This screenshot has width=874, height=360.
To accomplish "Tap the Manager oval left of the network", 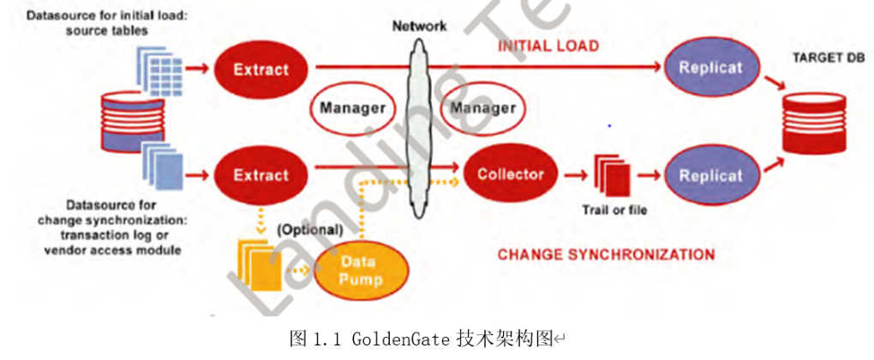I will (x=350, y=109).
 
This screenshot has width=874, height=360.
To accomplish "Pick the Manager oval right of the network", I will (x=482, y=109).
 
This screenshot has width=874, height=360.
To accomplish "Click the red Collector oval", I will (x=510, y=175).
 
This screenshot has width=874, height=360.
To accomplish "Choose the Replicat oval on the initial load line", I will (x=709, y=69).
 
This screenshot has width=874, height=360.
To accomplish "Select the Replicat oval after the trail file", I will (x=709, y=175).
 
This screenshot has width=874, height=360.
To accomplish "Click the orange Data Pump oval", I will (x=361, y=271).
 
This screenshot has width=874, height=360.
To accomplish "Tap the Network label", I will (x=419, y=26).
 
